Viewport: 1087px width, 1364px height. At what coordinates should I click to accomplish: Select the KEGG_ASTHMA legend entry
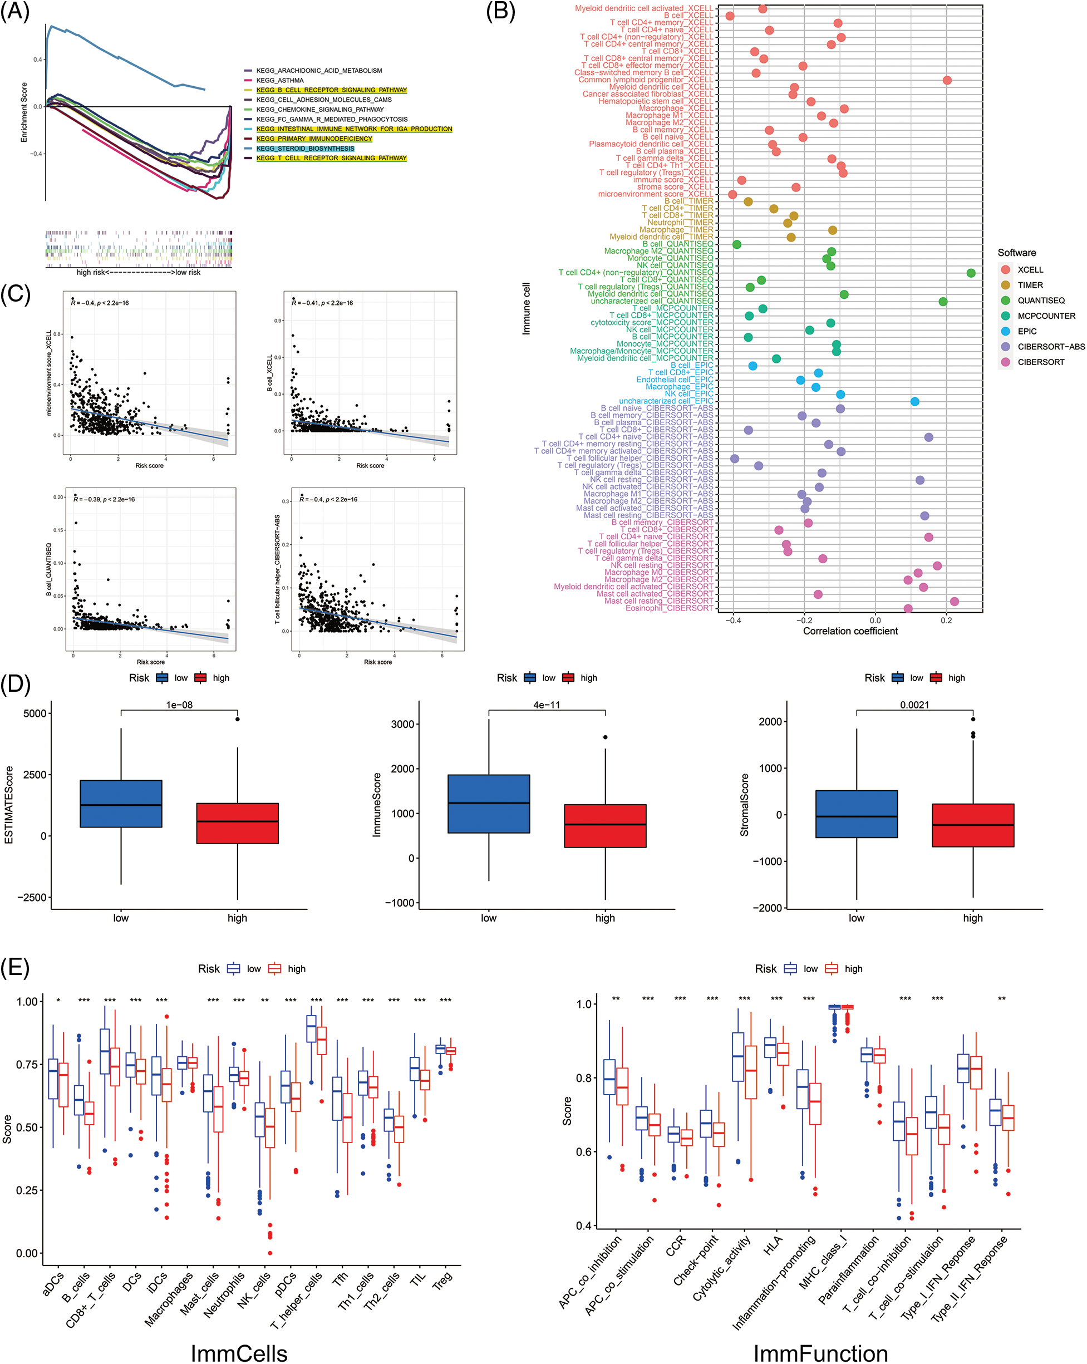coord(279,80)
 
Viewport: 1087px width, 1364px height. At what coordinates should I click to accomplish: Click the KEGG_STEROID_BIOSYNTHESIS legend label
coord(305,149)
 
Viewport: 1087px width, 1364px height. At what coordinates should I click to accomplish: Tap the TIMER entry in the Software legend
coord(1030,285)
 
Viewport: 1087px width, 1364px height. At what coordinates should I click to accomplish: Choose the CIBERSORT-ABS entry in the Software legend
coord(1050,347)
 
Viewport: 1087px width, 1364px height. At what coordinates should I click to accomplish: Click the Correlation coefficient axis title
coord(850,631)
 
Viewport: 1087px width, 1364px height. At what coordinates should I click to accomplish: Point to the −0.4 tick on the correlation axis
coord(734,621)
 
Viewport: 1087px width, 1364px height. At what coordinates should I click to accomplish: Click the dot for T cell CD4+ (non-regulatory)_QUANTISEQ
coord(971,273)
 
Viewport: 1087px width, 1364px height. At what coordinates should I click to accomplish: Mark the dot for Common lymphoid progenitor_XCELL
coord(947,80)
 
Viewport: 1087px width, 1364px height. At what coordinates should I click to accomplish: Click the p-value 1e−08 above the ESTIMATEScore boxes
coord(179,705)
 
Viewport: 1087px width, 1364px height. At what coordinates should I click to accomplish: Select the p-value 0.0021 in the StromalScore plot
coord(914,705)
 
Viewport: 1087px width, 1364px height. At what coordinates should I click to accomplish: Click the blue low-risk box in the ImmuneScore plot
coord(489,804)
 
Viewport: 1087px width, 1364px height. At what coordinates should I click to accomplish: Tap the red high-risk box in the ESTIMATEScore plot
coord(237,823)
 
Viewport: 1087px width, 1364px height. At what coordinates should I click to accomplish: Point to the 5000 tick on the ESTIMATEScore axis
coord(35,713)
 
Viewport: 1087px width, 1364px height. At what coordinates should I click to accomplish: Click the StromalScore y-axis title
coord(745,805)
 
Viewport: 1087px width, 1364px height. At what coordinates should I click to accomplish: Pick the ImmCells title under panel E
coord(239,1353)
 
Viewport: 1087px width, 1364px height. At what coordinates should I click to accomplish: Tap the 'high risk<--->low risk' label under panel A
coord(138,273)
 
